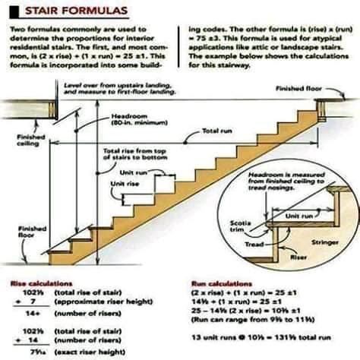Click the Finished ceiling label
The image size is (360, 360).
point(30,140)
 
